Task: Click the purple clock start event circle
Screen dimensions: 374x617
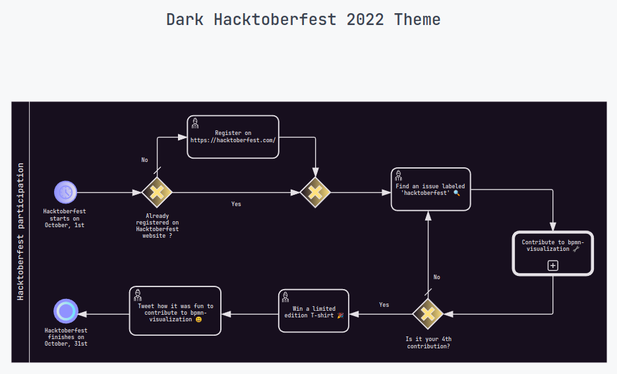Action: tap(66, 192)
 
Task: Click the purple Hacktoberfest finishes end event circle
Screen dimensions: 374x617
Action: tap(66, 311)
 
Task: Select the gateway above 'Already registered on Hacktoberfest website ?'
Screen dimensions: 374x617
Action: tap(157, 192)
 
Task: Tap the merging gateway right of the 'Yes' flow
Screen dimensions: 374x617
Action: tap(316, 192)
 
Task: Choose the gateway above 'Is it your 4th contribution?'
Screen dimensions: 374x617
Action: tap(428, 313)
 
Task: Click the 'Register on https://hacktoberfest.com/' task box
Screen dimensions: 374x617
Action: tap(233, 137)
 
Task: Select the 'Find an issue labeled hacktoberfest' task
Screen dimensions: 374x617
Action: tap(430, 189)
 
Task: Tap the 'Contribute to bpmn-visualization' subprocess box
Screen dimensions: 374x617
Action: tap(553, 253)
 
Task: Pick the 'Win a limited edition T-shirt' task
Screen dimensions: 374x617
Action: tap(314, 311)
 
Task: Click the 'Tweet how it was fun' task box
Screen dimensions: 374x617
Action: tap(175, 310)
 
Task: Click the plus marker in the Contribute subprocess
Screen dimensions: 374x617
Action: tap(553, 265)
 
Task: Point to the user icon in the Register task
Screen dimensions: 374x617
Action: tap(195, 123)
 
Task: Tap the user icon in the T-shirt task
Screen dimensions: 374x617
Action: tap(285, 297)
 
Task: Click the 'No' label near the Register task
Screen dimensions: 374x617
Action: tap(144, 160)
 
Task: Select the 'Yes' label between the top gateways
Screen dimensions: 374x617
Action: tap(236, 204)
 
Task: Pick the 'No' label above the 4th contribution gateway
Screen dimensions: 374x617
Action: tap(436, 277)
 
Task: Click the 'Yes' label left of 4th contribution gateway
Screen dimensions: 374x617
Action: tap(384, 305)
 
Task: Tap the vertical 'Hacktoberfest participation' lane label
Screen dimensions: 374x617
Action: tap(20, 232)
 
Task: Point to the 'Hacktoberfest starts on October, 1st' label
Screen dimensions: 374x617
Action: tap(65, 218)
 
